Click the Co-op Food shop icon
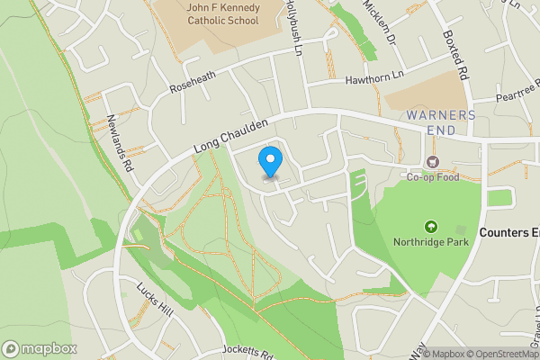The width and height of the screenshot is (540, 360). [433, 162]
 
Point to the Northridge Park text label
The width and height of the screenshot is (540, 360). [431, 241]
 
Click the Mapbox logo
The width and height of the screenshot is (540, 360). [40, 348]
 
